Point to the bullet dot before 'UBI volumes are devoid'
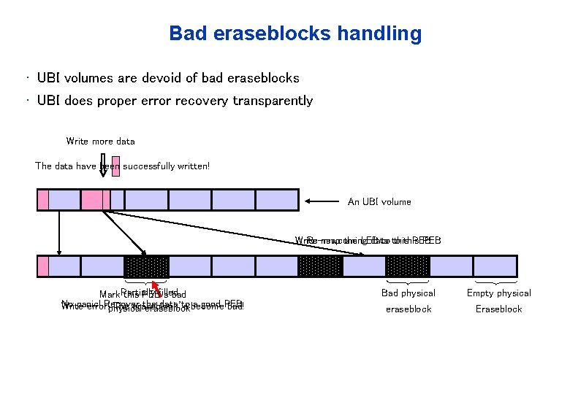[27, 77]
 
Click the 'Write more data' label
[100, 141]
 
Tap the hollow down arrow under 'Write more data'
[103, 166]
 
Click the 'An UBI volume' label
[379, 201]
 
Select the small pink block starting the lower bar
[43, 266]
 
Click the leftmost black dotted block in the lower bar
[147, 266]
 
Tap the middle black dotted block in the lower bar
[320, 266]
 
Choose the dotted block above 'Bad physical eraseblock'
[408, 266]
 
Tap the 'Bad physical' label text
[408, 293]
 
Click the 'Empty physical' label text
[499, 293]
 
